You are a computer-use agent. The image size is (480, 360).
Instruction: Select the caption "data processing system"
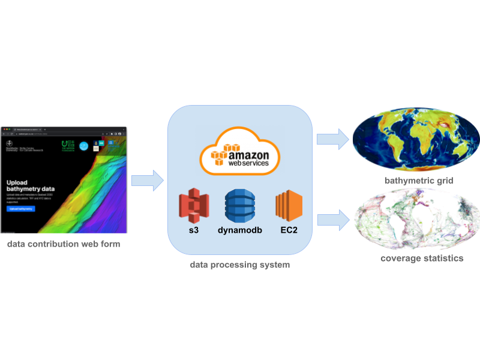click(x=240, y=264)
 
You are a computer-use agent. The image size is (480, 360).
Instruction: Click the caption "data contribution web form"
click(x=63, y=244)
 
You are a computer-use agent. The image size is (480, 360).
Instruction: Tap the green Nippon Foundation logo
click(x=68, y=145)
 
